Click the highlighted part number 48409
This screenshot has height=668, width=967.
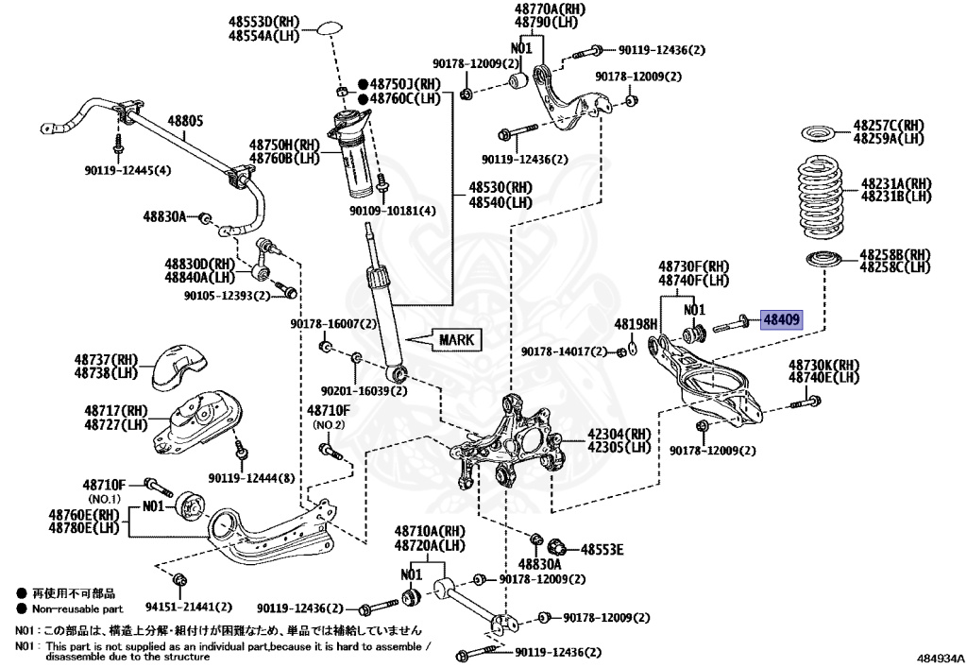(x=781, y=321)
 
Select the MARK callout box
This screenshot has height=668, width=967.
(x=454, y=339)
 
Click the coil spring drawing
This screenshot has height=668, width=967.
(x=826, y=199)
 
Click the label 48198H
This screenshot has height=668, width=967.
(x=635, y=324)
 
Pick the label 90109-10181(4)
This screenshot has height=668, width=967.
(x=398, y=211)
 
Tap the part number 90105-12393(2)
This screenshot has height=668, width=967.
(x=227, y=296)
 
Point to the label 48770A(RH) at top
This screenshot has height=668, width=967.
(x=549, y=9)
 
